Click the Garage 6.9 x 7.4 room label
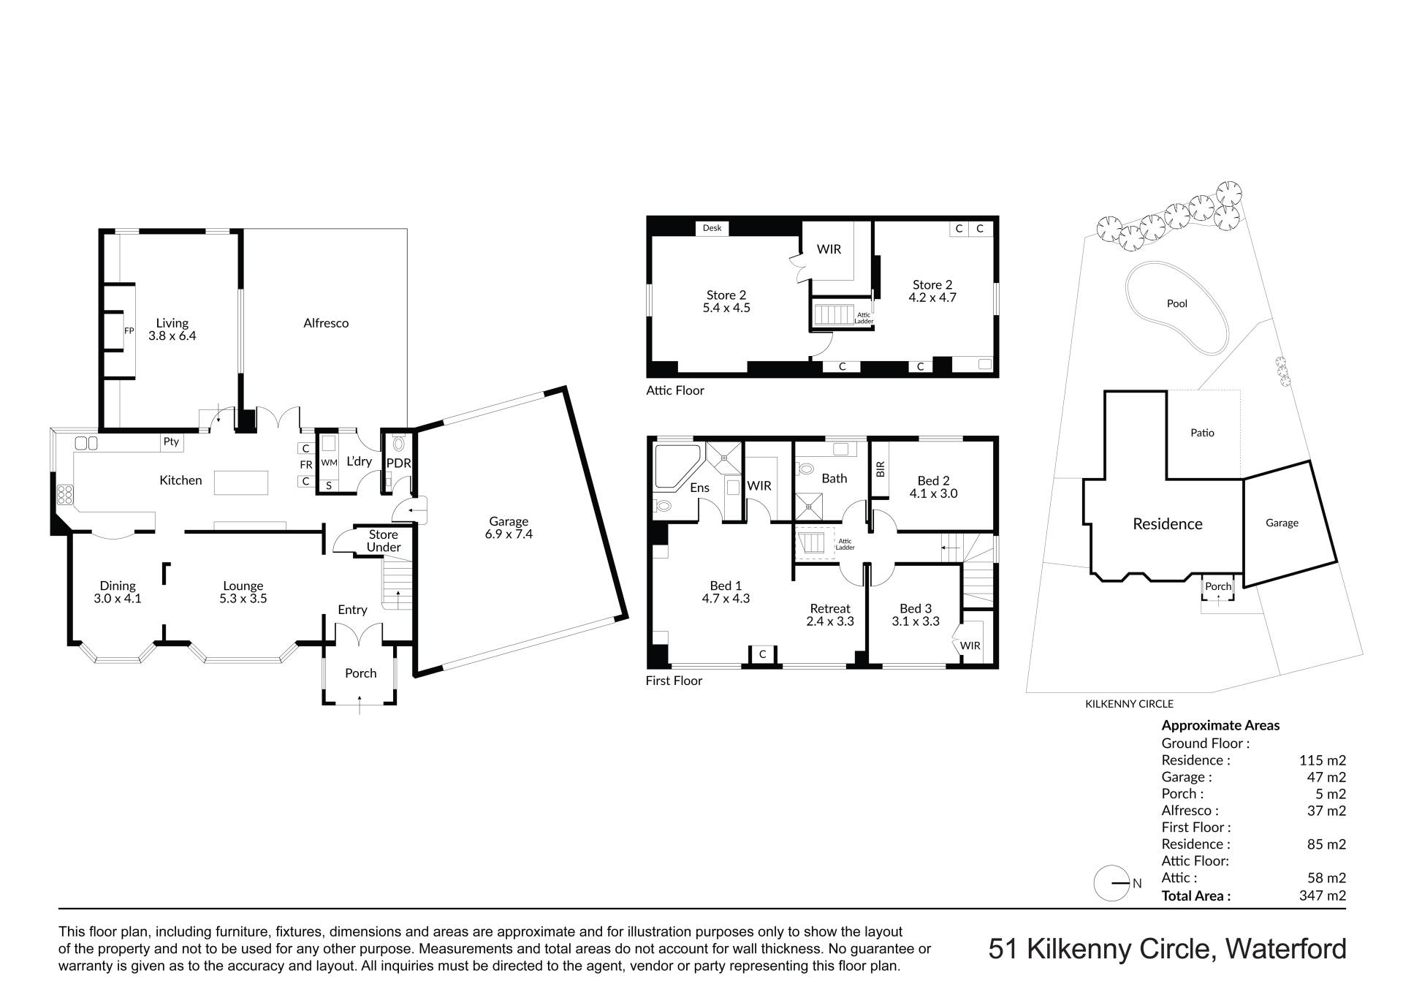509,528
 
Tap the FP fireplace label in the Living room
129,331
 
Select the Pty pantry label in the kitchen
171,442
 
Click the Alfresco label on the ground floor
326,322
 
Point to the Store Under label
384,541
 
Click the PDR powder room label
399,463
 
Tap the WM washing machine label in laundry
329,463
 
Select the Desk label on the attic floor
712,228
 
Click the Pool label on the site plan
1177,303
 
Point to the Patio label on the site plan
1202,433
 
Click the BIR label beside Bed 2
880,469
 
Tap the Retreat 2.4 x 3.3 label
830,615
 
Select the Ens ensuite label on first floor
699,488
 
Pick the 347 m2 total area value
1323,896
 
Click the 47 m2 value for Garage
1326,777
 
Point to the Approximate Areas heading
1220,726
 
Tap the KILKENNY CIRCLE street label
1129,704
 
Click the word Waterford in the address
1285,949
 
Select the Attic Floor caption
675,390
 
